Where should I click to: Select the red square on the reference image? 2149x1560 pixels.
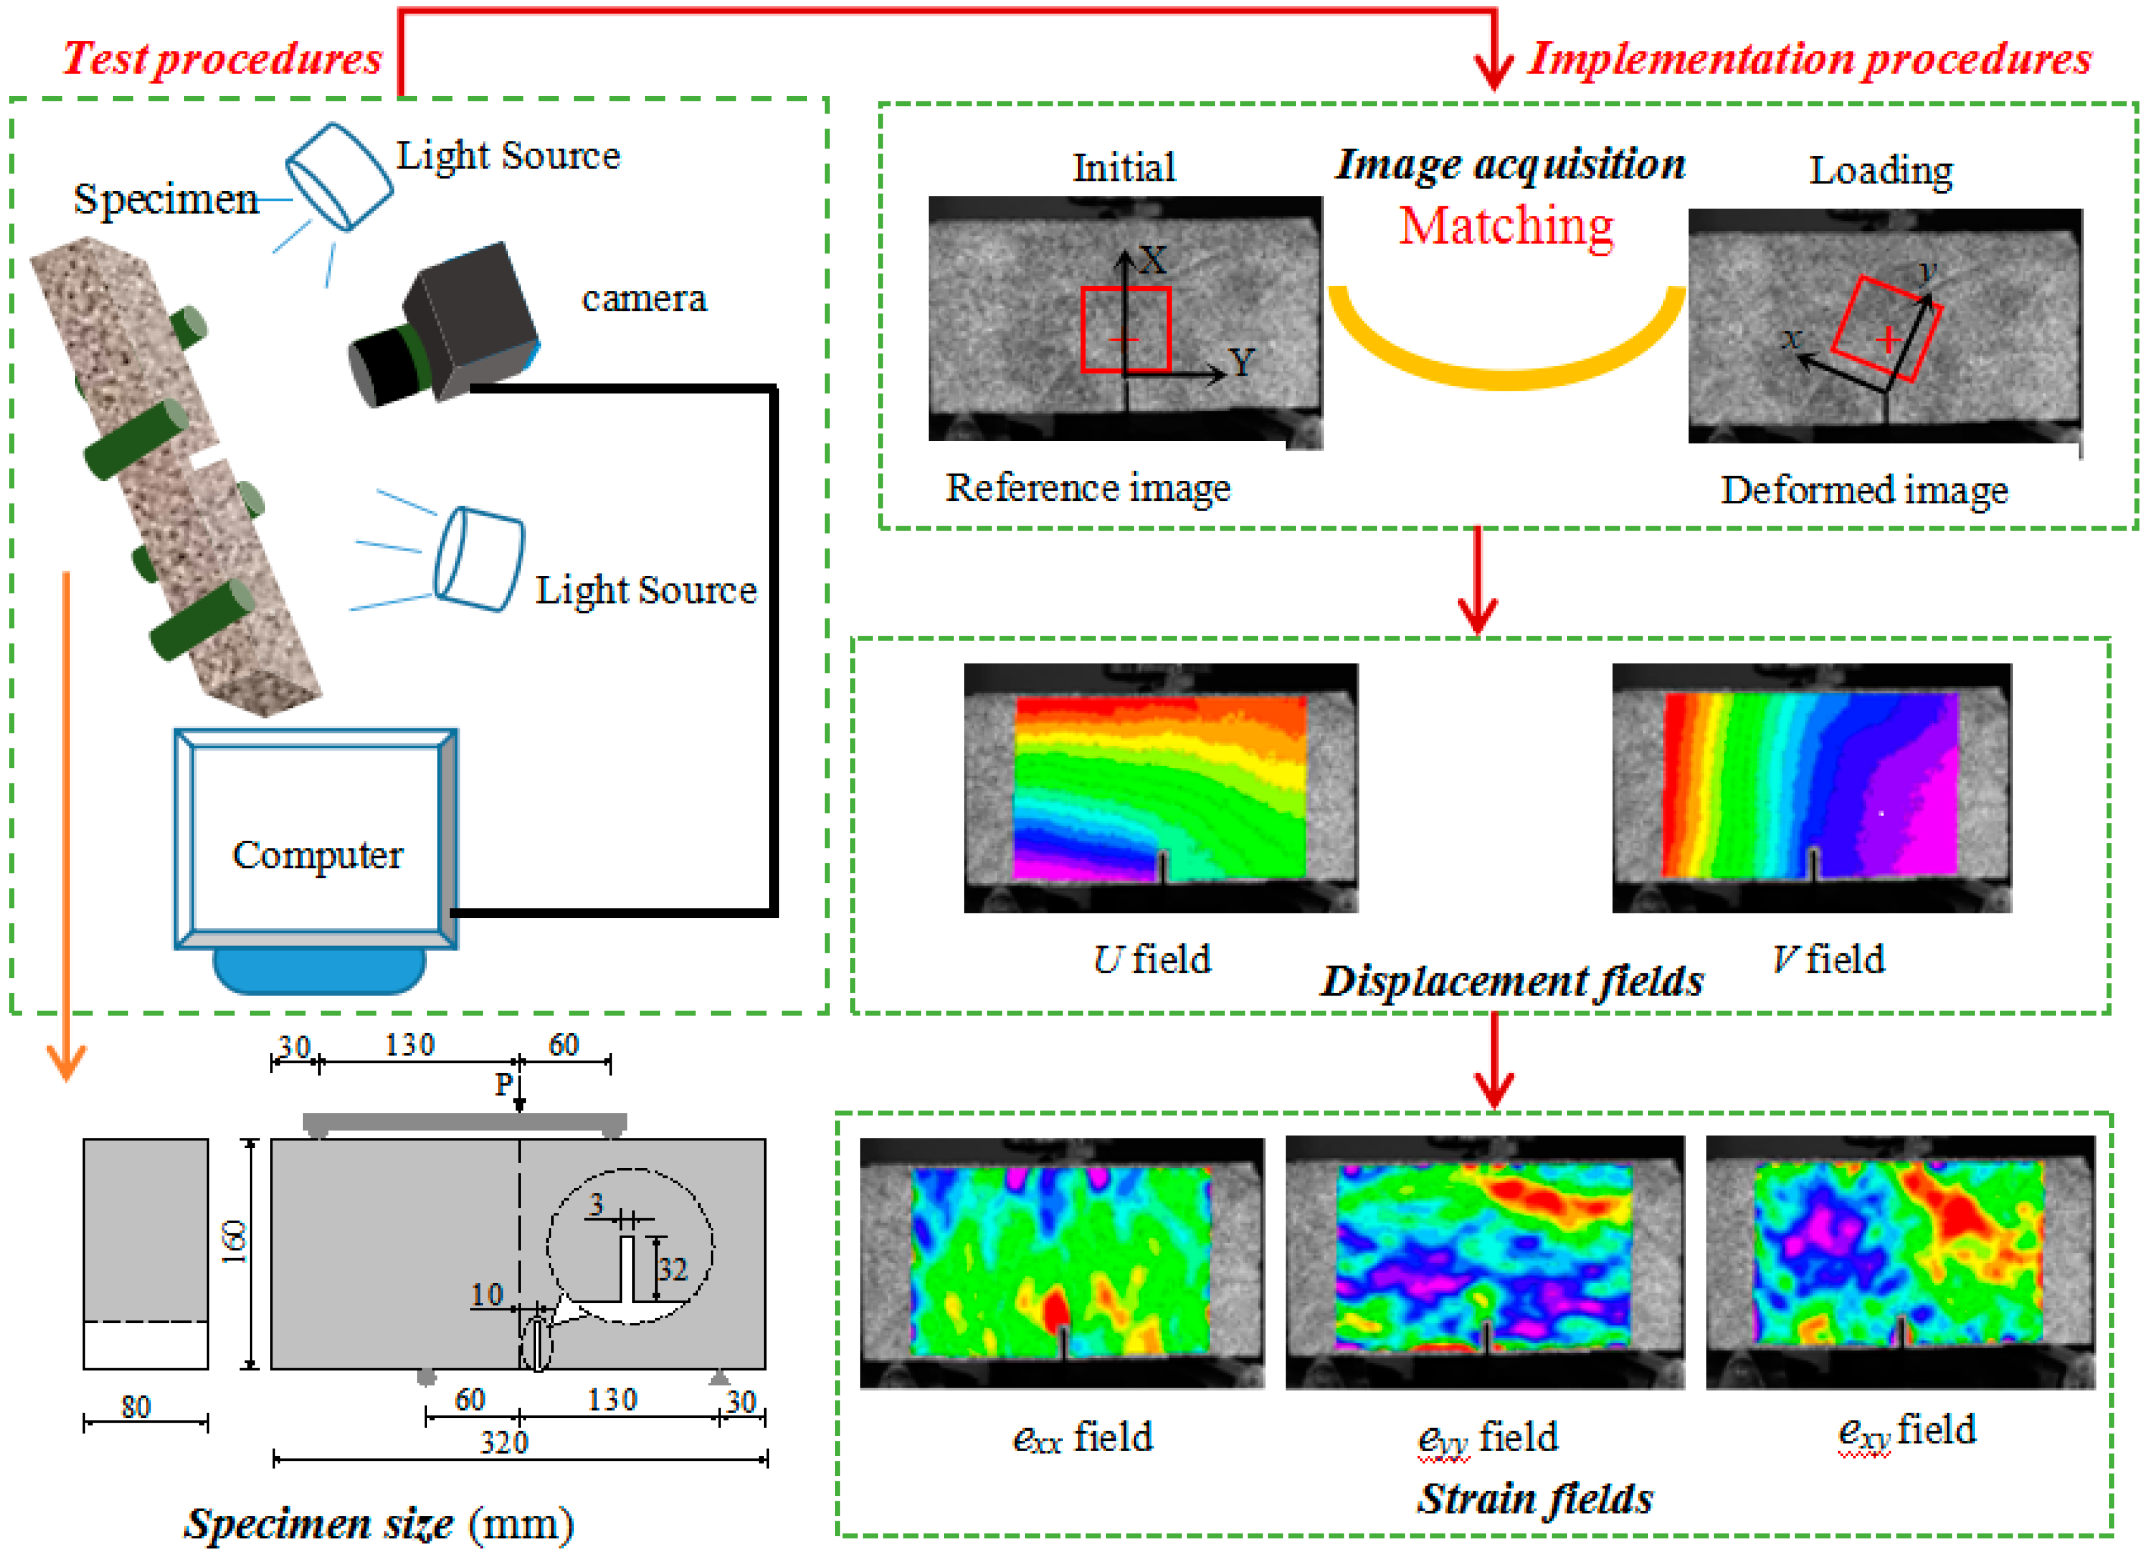click(1126, 328)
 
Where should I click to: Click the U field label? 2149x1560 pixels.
click(1151, 959)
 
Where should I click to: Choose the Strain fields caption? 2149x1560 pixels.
click(1535, 1498)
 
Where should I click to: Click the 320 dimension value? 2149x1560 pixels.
click(503, 1443)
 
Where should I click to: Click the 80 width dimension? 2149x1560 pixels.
click(136, 1406)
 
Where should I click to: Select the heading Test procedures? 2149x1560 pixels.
click(221, 59)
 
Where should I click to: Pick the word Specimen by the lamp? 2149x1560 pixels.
click(166, 199)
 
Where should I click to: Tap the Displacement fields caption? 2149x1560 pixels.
click(1513, 981)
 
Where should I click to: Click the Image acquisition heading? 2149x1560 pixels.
click(1510, 165)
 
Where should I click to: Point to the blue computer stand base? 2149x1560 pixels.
click(319, 971)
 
